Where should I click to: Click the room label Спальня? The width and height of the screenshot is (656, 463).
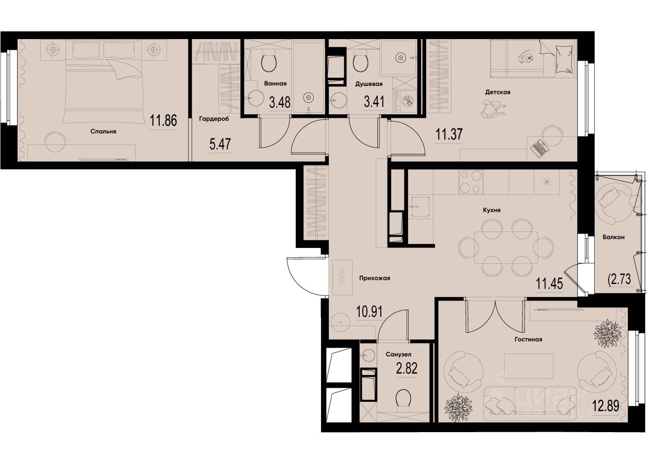[103, 131]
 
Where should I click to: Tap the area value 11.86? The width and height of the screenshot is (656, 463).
[163, 121]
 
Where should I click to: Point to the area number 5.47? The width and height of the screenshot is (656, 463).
[220, 144]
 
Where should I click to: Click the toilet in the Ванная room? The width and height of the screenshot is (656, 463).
[269, 63]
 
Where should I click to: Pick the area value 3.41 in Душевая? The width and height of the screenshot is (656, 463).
[374, 101]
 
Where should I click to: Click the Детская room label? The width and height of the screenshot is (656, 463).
[497, 92]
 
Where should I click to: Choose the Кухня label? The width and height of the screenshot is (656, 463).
[492, 210]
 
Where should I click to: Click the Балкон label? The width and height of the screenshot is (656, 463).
[613, 237]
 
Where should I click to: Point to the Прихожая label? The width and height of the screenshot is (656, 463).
[375, 278]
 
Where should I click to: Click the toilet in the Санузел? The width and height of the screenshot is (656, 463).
[403, 398]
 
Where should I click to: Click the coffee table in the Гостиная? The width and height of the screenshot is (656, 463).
[529, 365]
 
